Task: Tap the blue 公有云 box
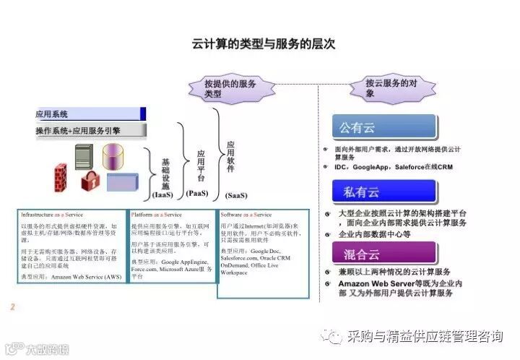[x=384, y=128]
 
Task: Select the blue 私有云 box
[x=384, y=192]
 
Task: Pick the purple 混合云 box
[x=384, y=252]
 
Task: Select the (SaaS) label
[x=235, y=195]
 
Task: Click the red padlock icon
[x=90, y=181]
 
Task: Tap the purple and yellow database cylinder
[x=113, y=156]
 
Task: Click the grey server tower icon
[x=84, y=156]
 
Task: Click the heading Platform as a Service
[x=157, y=215]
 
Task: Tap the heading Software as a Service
[x=246, y=215]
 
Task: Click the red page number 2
[x=12, y=308]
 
